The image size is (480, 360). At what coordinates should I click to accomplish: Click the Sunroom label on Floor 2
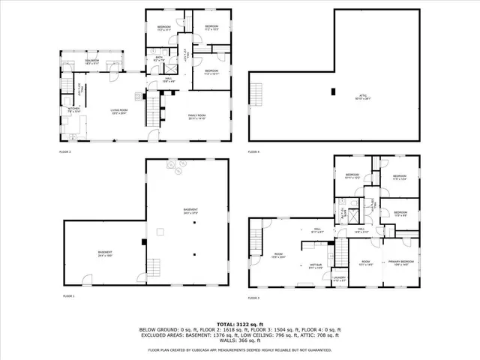tap(92, 62)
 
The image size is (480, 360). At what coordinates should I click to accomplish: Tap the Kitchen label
tap(73, 110)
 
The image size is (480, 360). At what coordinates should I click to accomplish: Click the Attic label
tap(363, 95)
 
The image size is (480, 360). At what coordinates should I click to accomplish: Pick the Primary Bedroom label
tap(401, 262)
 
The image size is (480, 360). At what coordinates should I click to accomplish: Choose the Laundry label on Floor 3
tap(338, 280)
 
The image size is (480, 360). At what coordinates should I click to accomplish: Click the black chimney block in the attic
tap(332, 91)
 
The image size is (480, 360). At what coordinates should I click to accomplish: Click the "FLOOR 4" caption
tap(253, 152)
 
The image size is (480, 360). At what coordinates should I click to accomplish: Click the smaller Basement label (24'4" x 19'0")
tap(103, 253)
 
